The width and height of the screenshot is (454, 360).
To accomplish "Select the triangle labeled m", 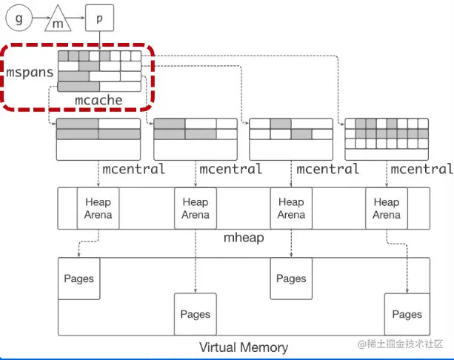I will coord(58,22).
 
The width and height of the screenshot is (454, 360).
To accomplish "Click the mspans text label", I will coord(28,73).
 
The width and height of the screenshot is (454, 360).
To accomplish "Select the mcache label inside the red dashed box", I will coord(99,99).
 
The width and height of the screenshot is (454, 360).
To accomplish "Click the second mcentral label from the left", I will coord(230,170).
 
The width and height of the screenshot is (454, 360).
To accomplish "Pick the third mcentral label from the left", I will coord(327,170).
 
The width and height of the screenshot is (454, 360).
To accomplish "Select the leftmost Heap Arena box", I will coord(99,208).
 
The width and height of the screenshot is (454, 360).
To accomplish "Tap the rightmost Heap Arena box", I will coord(386,208).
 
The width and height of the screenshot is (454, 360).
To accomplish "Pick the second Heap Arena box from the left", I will coord(196,208).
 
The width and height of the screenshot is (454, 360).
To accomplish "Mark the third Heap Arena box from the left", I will coord(291,208).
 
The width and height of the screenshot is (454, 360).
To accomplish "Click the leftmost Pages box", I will coord(79,279).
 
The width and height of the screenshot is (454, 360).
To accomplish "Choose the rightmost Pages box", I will coord(407,314).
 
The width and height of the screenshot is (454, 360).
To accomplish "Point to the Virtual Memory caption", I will coord(244,347).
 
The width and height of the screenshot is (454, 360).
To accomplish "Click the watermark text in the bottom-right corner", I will coord(401,344).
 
